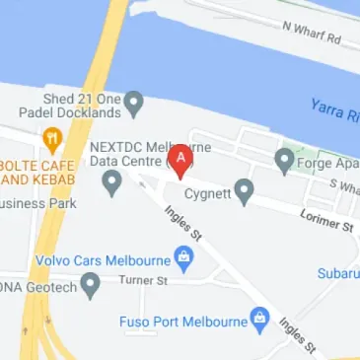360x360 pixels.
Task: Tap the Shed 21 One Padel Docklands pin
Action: (134, 103)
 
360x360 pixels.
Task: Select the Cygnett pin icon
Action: (244, 188)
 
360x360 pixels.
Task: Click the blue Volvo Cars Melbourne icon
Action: (182, 260)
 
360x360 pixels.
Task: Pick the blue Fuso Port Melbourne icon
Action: (259, 318)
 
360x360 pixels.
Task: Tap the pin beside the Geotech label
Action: (91, 286)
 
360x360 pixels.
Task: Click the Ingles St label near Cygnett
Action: (183, 221)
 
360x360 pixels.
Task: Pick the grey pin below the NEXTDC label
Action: (112, 181)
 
